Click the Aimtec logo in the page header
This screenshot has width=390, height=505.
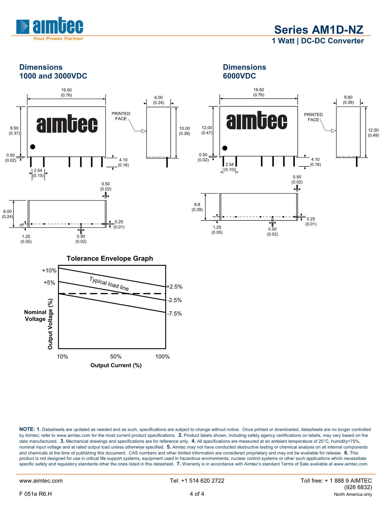pos(50,28)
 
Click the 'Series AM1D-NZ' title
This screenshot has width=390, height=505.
pos(318,30)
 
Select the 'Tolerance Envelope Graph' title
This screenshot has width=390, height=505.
pos(110,259)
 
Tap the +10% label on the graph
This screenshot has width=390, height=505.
pos(49,271)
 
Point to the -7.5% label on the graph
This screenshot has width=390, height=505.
pos(174,314)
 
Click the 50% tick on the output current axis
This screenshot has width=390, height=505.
pos(116,357)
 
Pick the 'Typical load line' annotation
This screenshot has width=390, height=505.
pos(109,284)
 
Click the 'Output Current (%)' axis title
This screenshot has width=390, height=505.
pos(116,365)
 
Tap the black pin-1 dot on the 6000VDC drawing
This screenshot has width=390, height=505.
pos(225,148)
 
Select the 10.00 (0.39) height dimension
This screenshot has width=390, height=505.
pos(184,131)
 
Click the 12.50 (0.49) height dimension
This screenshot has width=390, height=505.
pos(373,133)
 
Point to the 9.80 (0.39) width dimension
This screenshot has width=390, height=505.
pos(348,100)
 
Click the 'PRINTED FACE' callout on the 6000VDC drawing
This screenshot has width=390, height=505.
pos(313,117)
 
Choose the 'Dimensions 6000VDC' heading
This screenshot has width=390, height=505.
pos(244,72)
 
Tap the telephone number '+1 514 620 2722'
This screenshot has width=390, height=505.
pos(197,481)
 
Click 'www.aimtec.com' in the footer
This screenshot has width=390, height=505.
pos(41,481)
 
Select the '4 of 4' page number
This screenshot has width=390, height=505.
pos(197,494)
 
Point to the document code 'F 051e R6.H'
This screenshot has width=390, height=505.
pos(36,494)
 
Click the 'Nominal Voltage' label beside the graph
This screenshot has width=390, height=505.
pos(35,316)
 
